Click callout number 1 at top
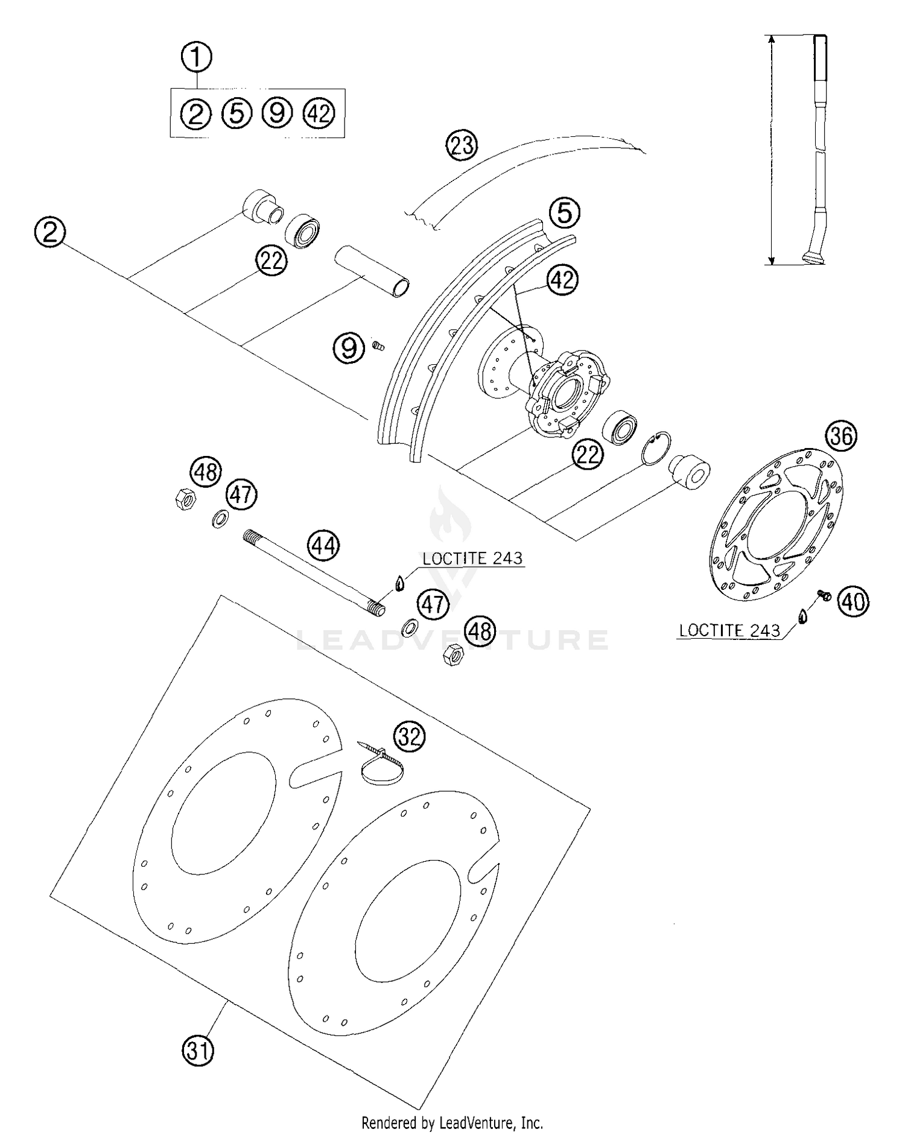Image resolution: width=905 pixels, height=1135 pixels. click(x=196, y=58)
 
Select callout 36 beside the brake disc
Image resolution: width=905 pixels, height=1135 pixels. click(x=841, y=435)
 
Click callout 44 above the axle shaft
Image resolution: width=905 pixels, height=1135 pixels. click(x=323, y=546)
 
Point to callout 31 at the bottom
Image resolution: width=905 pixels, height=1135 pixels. click(x=198, y=1052)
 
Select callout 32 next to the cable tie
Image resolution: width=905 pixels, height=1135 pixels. click(x=410, y=736)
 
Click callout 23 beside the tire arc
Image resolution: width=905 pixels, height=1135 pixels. click(x=462, y=145)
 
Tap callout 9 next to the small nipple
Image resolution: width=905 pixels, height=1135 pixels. click(x=350, y=348)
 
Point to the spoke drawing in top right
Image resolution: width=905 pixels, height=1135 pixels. click(x=817, y=151)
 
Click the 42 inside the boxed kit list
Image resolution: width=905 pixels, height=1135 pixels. click(x=319, y=113)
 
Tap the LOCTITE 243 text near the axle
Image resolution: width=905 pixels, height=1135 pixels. click(x=472, y=558)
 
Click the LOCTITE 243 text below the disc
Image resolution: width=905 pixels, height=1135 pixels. click(x=729, y=630)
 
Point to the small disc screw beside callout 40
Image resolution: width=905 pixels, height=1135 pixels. click(x=824, y=595)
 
